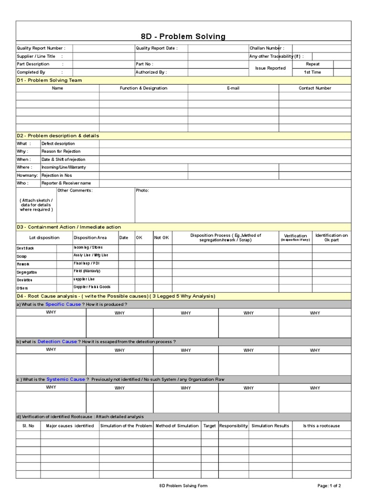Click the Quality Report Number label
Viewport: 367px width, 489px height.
41,48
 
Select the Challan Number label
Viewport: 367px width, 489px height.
267,48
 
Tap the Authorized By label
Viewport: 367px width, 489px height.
151,72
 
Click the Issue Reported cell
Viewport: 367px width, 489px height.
270,68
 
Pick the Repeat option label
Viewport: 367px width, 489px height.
313,64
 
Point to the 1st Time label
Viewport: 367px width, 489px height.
313,72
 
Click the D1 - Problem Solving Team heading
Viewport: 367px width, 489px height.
49,80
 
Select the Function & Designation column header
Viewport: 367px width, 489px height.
143,88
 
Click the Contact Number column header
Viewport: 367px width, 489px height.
314,88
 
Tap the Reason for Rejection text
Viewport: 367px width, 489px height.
61,151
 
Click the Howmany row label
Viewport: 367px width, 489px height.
27,175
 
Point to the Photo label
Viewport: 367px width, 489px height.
142,191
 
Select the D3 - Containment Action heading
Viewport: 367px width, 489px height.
69,227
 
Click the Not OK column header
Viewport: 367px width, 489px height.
162,238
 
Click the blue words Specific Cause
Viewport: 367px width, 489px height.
63,304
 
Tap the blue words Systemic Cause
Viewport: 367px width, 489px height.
66,379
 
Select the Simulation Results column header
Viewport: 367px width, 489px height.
270,425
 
